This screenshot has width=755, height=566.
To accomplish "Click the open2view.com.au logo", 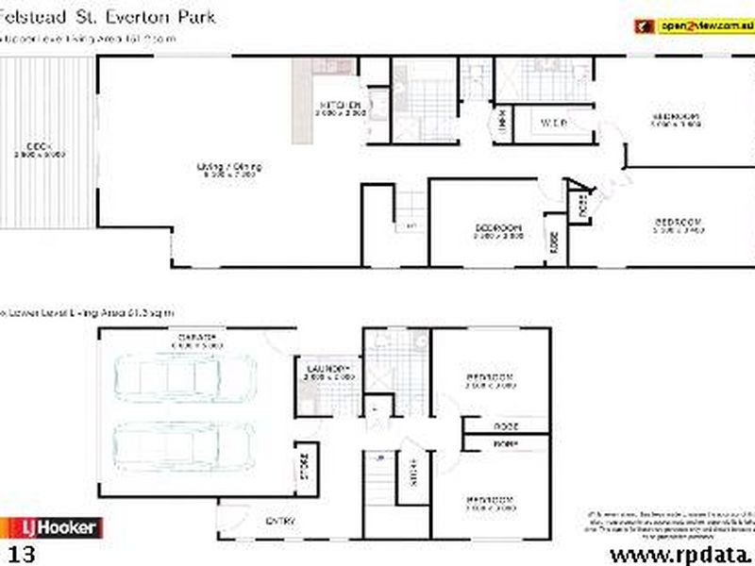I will pyautogui.click(x=693, y=25).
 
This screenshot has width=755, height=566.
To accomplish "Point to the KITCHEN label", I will pyautogui.click(x=340, y=104).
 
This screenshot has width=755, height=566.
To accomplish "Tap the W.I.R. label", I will pyautogui.click(x=552, y=123).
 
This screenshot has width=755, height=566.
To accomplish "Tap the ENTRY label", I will pyautogui.click(x=281, y=520).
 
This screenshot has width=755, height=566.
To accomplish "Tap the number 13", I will pyautogui.click(x=19, y=551).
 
